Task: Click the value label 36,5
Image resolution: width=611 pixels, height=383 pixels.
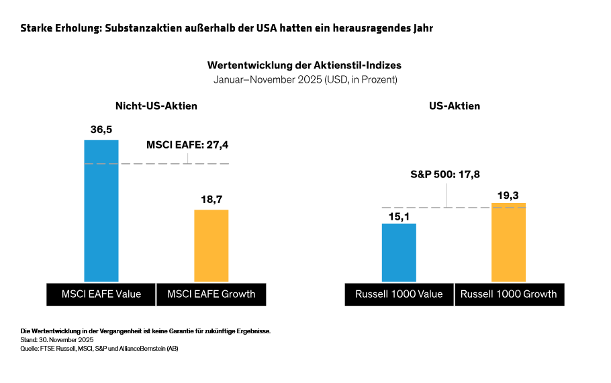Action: (101, 129)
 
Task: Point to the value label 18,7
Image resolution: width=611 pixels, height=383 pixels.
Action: (211, 200)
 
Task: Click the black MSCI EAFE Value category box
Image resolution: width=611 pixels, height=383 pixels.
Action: (101, 294)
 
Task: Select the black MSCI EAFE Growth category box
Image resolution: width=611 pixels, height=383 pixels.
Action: (211, 294)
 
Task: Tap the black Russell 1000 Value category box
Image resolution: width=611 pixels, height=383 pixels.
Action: (399, 294)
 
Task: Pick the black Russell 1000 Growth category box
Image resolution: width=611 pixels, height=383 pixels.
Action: (508, 294)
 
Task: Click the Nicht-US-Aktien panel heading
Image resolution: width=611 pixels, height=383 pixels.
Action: (156, 106)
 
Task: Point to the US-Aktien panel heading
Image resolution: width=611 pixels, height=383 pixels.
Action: (454, 106)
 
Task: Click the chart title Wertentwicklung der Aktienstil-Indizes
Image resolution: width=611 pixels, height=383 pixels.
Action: (305, 66)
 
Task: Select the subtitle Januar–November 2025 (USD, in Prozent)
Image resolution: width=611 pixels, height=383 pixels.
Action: (305, 79)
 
